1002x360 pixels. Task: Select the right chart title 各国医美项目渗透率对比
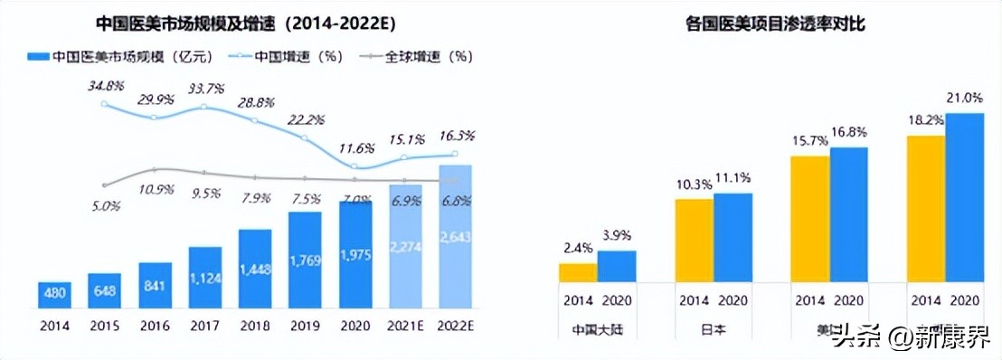pyautogui.click(x=775, y=24)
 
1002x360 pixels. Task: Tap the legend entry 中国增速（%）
pyautogui.click(x=288, y=56)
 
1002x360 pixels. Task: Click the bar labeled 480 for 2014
pyautogui.click(x=56, y=293)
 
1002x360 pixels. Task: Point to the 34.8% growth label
pyautogui.click(x=105, y=86)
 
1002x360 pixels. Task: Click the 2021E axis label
pyautogui.click(x=405, y=322)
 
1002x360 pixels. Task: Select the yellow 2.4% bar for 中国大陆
pyautogui.click(x=578, y=273)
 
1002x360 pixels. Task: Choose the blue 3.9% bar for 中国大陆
pyautogui.click(x=616, y=266)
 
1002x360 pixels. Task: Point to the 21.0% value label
pyautogui.click(x=965, y=98)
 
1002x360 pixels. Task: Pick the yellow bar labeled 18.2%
pyautogui.click(x=927, y=209)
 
